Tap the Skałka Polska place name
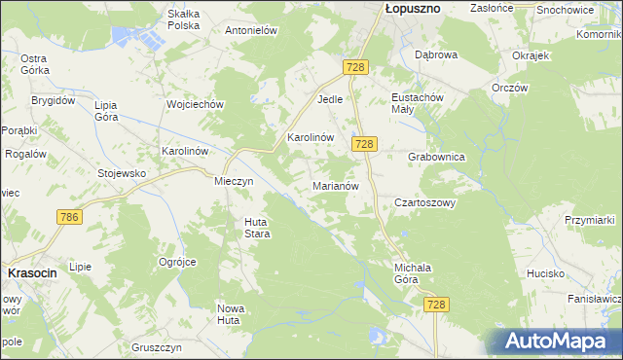tap(183, 19)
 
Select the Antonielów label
tap(252, 30)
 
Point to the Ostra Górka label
tap(35, 63)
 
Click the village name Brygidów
tap(53, 100)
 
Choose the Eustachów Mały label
tap(417, 104)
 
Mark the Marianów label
tap(337, 185)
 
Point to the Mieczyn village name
tap(234, 180)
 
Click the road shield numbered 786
tap(68, 217)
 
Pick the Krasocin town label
tap(32, 273)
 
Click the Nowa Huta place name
tap(230, 313)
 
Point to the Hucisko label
tap(547, 273)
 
